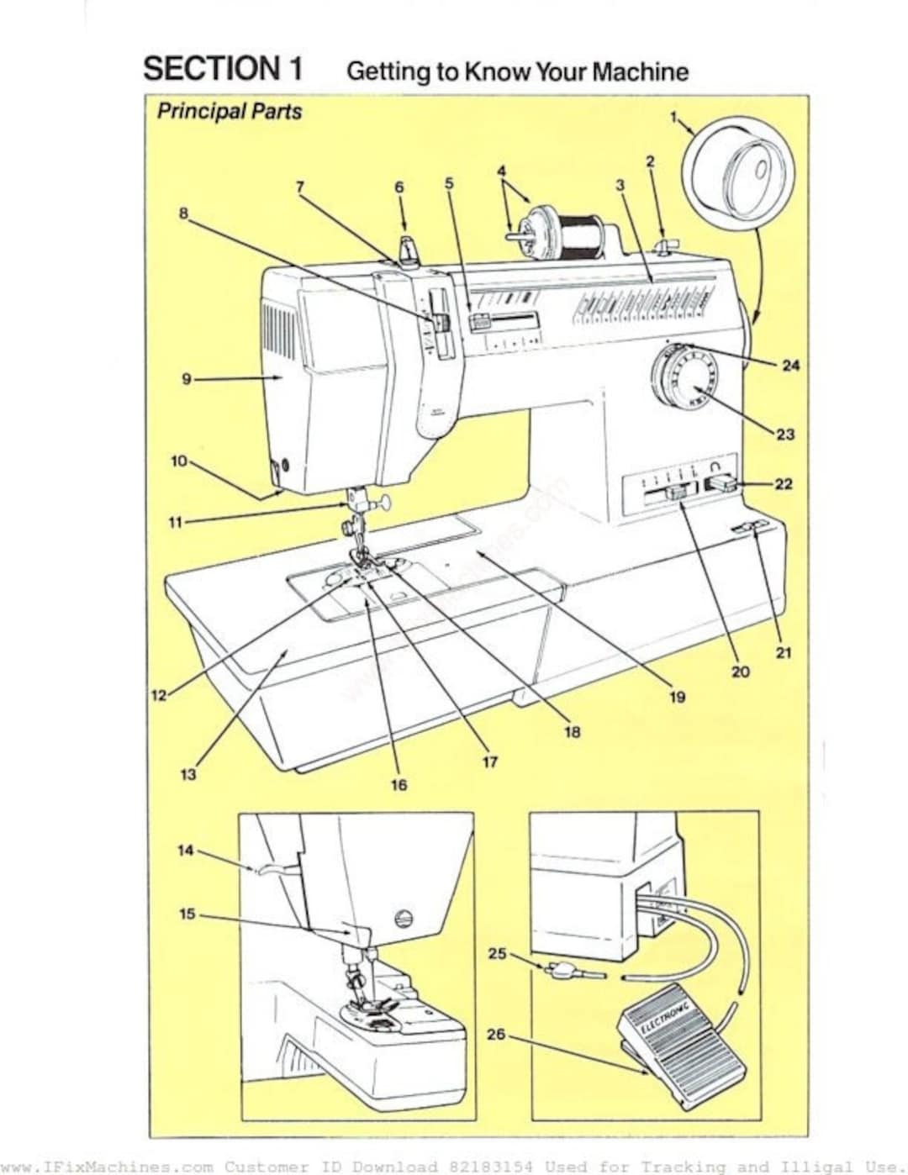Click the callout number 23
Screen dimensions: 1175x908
pyautogui.click(x=785, y=435)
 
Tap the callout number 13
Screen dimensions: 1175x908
pyautogui.click(x=188, y=773)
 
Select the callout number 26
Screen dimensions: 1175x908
pyautogui.click(x=496, y=1034)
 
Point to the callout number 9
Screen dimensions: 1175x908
pyautogui.click(x=187, y=379)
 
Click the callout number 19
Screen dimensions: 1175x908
pyautogui.click(x=677, y=697)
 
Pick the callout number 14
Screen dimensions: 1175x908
pyautogui.click(x=185, y=851)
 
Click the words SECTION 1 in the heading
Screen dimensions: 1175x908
pyautogui.click(x=223, y=69)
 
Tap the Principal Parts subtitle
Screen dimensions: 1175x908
pyautogui.click(x=229, y=111)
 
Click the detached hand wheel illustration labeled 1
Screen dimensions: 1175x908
pyautogui.click(x=737, y=172)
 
